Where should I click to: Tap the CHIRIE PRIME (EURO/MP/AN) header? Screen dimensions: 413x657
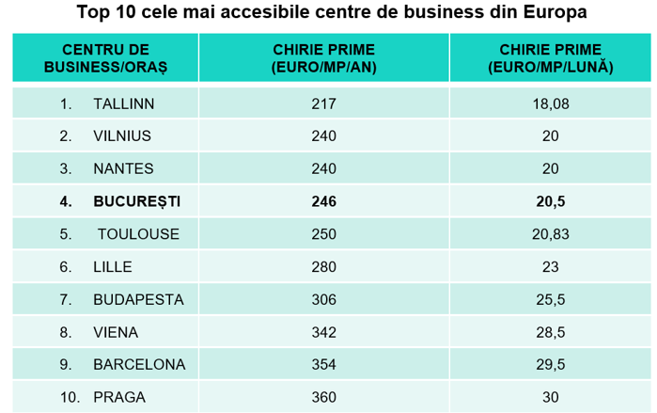click(x=322, y=57)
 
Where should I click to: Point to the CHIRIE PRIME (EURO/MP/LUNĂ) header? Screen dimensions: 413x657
click(x=551, y=57)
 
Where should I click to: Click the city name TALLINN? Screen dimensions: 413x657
click(x=124, y=103)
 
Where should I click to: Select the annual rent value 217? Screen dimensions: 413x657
click(x=323, y=103)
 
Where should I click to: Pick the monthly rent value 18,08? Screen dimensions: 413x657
click(x=551, y=103)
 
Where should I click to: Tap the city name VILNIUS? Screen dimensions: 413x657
click(x=122, y=135)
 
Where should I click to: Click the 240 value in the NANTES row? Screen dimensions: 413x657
click(x=323, y=168)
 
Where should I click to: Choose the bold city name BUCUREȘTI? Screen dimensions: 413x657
click(x=136, y=201)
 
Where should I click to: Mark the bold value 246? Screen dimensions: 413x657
click(x=323, y=201)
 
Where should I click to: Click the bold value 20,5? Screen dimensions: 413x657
click(x=551, y=201)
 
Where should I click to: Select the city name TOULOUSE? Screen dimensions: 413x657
click(x=137, y=234)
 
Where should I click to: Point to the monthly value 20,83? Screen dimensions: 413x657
click(x=551, y=234)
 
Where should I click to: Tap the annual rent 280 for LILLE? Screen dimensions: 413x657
click(x=323, y=266)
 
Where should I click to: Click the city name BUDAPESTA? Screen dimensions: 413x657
click(x=138, y=299)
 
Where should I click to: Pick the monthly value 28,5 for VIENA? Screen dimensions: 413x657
click(x=551, y=332)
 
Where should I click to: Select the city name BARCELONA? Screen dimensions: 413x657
click(x=139, y=364)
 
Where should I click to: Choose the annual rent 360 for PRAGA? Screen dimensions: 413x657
click(x=323, y=397)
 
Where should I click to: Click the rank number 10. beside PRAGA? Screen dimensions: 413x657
click(x=70, y=397)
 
